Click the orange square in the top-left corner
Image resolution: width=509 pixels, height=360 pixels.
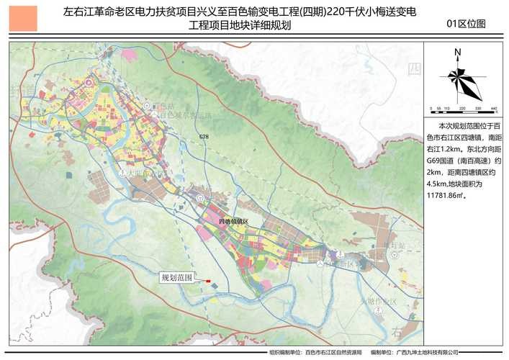pyautogui.click(x=24, y=18)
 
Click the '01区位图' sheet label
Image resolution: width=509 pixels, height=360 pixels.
pyautogui.click(x=466, y=24)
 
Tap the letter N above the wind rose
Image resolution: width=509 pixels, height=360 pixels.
pyautogui.click(x=457, y=52)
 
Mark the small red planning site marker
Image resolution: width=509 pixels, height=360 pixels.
pyautogui.click(x=207, y=281)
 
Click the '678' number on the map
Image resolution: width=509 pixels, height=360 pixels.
pyautogui.click(x=204, y=137)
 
